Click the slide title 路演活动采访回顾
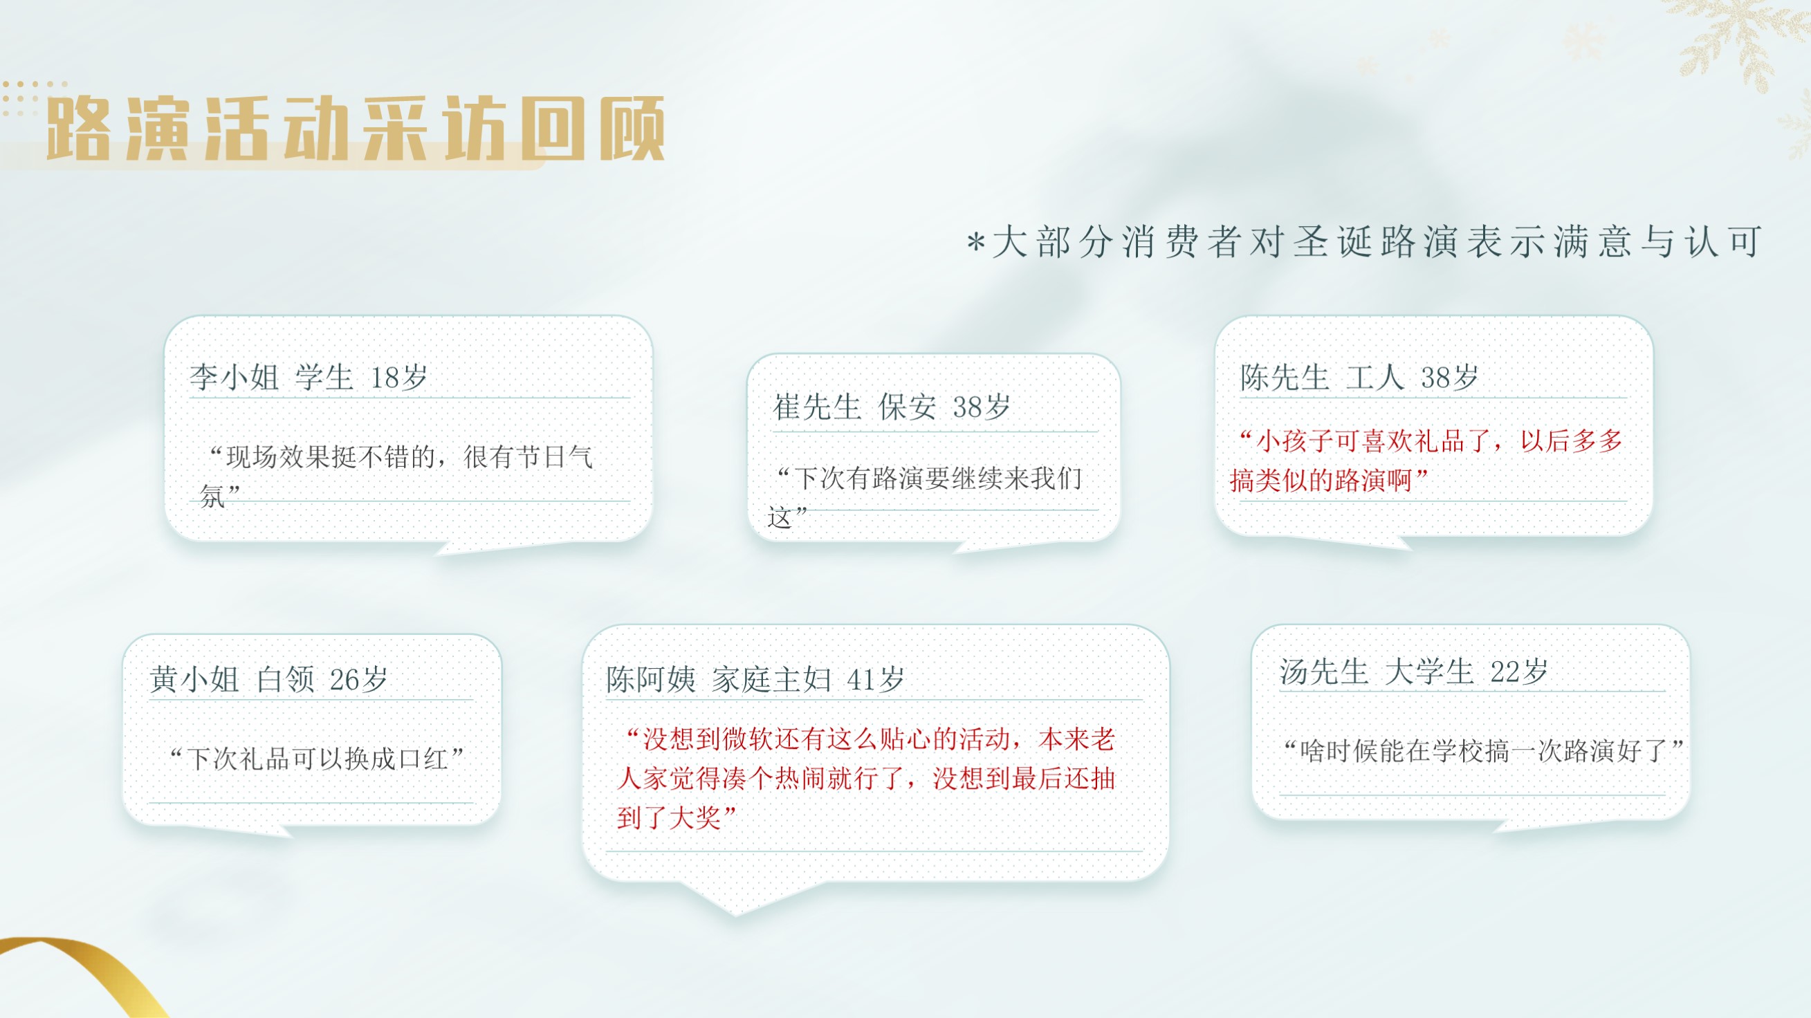[356, 128]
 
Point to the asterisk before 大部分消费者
[976, 243]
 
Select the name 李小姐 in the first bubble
[234, 378]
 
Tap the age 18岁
[398, 378]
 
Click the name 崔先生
[817, 407]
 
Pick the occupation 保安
[908, 407]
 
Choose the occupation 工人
[1375, 378]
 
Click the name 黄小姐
[194, 679]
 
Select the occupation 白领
[285, 679]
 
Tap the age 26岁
[358, 679]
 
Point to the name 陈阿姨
[651, 679]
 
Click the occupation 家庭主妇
[771, 679]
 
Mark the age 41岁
[875, 679]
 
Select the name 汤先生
[1324, 672]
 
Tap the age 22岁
[1518, 672]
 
